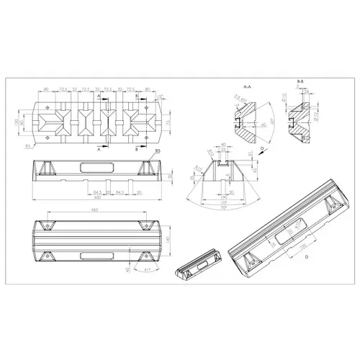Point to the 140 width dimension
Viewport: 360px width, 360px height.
tap(167, 238)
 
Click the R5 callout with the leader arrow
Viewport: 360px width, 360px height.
tap(156, 150)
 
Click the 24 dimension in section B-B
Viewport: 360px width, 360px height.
tap(305, 92)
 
